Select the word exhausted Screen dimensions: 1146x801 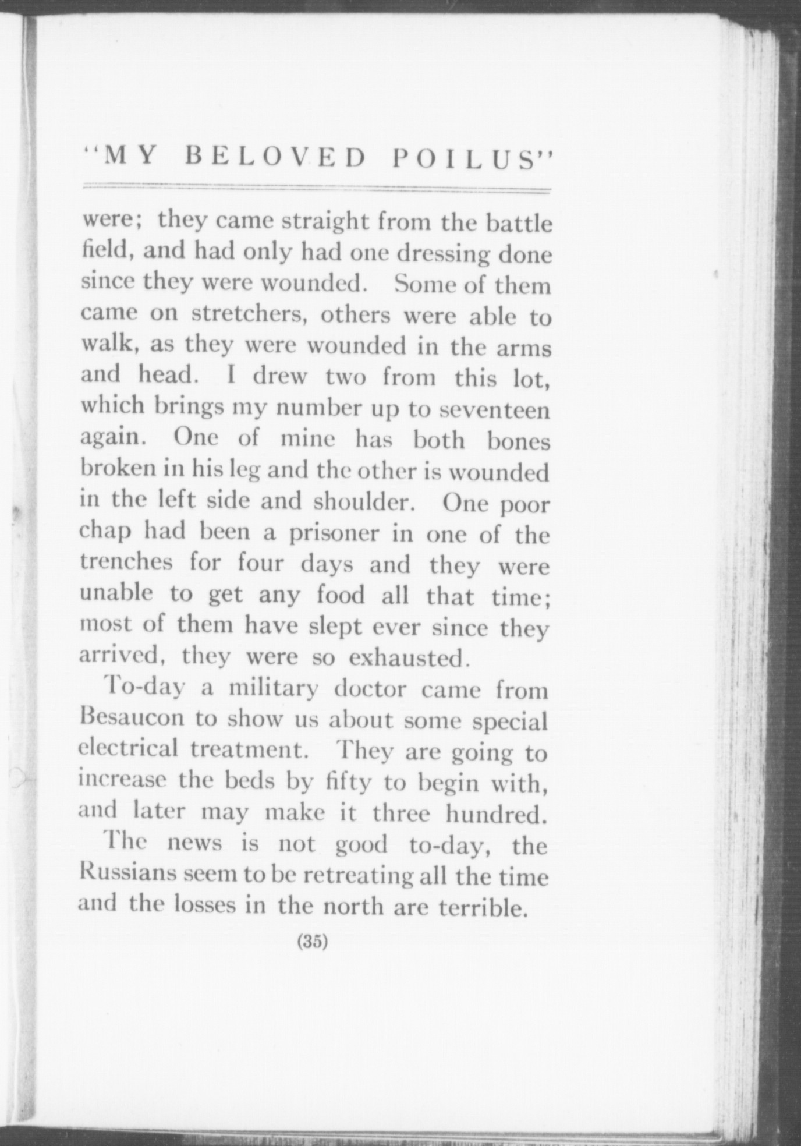coord(409,657)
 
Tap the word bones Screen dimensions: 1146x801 coord(518,441)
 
